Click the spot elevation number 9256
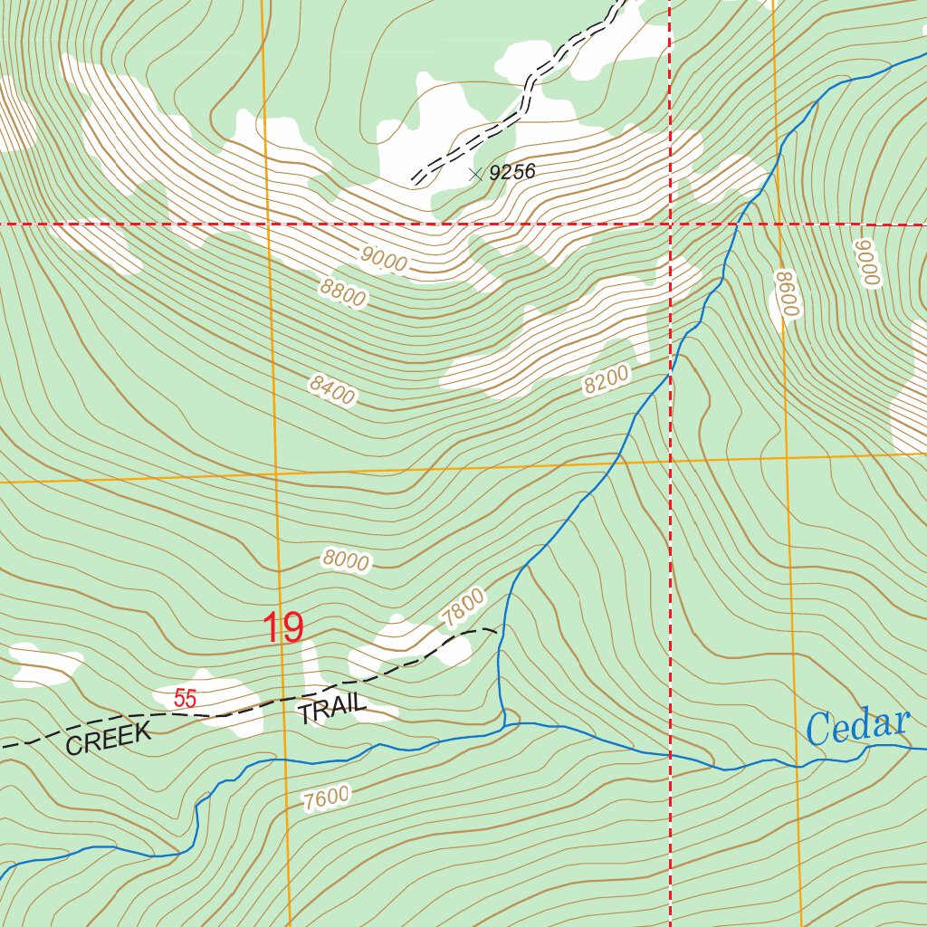pyautogui.click(x=512, y=172)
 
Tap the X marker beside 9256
pyautogui.click(x=476, y=172)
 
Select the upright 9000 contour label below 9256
pyautogui.click(x=384, y=259)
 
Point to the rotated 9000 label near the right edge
pyautogui.click(x=868, y=263)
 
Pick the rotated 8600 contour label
pyautogui.click(x=788, y=292)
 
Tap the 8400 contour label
pyautogui.click(x=332, y=390)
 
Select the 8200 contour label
pyautogui.click(x=606, y=383)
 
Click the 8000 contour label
pyautogui.click(x=345, y=561)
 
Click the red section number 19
pyautogui.click(x=283, y=628)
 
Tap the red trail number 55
pyautogui.click(x=186, y=699)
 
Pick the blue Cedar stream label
pyautogui.click(x=856, y=726)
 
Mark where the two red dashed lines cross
pyautogui.click(x=670, y=223)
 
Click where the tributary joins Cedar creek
pyautogui.click(x=504, y=724)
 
